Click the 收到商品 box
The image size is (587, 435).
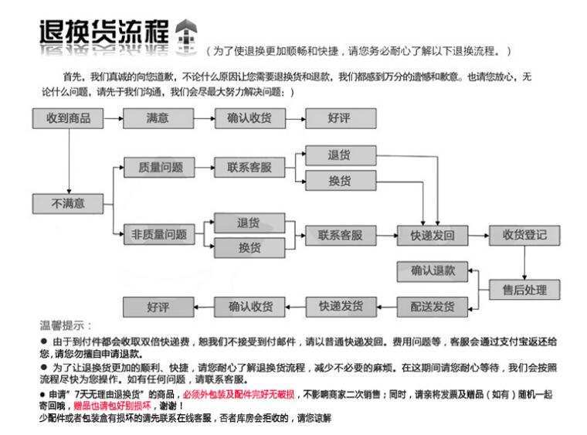(68, 118)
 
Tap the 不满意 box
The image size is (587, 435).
(68, 204)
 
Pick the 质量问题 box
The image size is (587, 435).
(160, 167)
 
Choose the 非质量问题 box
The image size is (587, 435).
(160, 235)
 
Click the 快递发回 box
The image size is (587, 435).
(433, 235)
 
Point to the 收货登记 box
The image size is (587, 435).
(524, 235)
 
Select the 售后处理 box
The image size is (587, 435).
(524, 290)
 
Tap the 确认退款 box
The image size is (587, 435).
(433, 271)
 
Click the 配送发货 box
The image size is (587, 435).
(433, 307)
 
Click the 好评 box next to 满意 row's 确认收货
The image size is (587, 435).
(341, 118)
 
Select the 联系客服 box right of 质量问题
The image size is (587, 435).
(249, 167)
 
